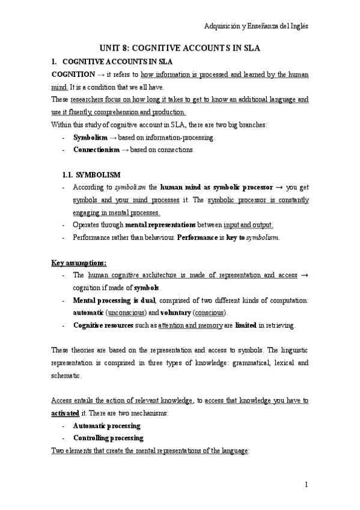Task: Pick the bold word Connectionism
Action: click(x=93, y=150)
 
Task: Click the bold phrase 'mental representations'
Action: click(x=158, y=225)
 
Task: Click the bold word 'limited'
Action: click(x=247, y=325)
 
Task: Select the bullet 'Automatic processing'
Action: click(x=106, y=425)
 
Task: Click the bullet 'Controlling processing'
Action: click(x=108, y=437)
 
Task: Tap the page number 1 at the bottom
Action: click(x=306, y=484)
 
